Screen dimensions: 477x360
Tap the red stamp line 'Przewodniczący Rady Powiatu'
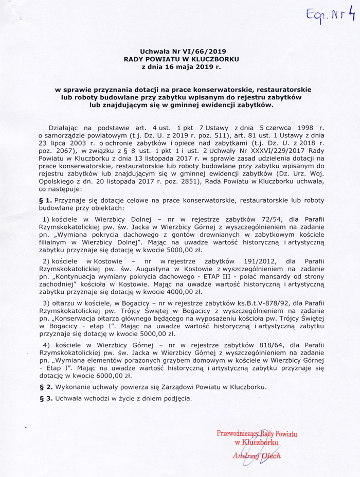point(257,433)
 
